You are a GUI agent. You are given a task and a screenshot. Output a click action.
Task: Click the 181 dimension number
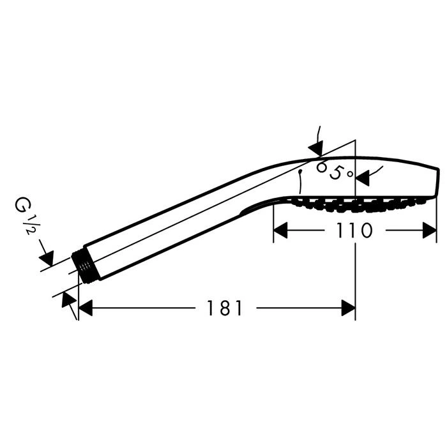225,308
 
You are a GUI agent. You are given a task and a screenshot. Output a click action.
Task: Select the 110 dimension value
354,230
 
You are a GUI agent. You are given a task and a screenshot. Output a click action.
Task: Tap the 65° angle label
335,171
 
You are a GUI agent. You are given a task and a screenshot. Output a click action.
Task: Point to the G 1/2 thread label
27,216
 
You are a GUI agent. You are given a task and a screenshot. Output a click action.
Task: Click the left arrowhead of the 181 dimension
85,308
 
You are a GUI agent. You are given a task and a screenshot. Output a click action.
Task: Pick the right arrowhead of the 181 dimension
349,308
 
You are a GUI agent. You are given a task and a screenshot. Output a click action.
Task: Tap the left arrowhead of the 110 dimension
280,231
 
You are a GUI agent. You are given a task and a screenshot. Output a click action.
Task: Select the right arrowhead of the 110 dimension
429,231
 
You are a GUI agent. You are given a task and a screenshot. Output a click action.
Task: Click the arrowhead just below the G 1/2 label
47,258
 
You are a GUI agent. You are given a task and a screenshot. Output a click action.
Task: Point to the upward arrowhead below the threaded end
68,300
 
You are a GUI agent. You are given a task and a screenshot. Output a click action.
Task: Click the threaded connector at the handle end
85,267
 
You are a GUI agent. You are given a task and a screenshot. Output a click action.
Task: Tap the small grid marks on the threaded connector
84,266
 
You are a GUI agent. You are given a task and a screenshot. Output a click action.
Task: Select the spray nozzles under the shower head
356,205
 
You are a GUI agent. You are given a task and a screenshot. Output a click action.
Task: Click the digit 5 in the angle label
336,172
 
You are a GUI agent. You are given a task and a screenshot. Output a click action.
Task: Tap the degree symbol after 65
350,173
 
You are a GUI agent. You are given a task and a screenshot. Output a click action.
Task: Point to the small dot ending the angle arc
300,172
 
